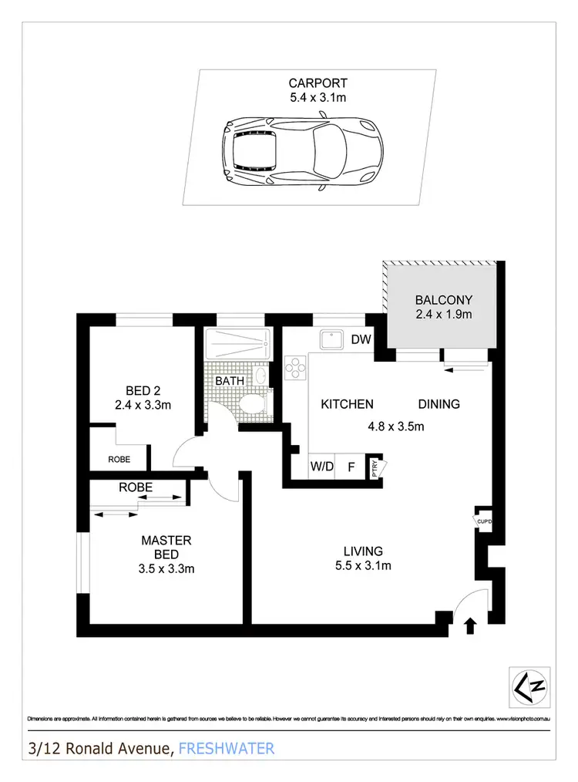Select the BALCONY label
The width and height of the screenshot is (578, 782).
[x=443, y=300]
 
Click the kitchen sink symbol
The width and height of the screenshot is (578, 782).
[x=333, y=339]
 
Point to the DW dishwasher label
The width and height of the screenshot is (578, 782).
[x=361, y=339]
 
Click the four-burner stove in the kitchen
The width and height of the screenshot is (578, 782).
[x=295, y=369]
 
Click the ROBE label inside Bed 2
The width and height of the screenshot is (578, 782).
[x=119, y=459]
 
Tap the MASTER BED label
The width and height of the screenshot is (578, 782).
[x=166, y=548]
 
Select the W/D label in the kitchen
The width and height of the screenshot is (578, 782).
[x=321, y=467]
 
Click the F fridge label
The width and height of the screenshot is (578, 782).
[x=351, y=467]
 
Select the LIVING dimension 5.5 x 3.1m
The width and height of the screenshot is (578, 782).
[x=363, y=567]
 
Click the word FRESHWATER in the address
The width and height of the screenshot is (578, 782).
[x=226, y=748]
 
